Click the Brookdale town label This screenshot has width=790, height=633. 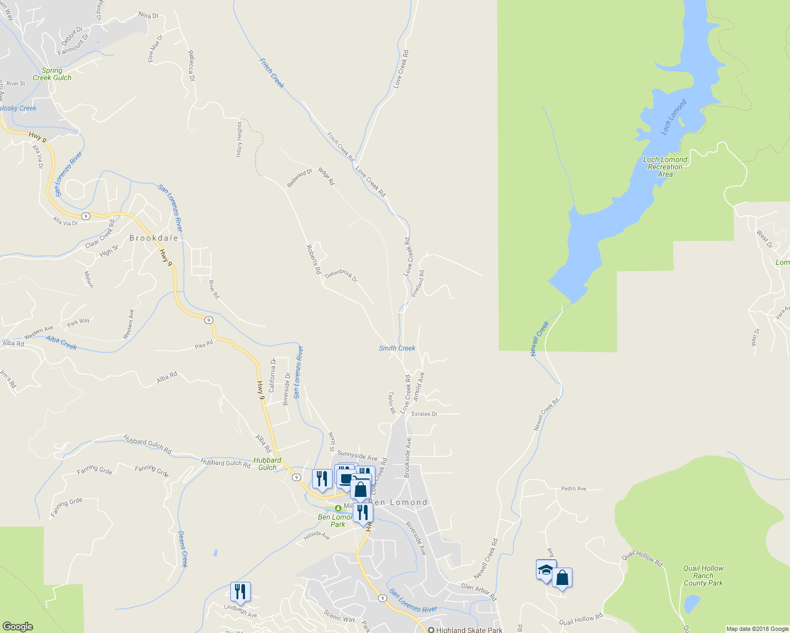(x=154, y=238)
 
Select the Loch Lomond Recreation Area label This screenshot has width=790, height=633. (x=665, y=167)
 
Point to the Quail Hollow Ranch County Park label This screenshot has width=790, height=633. (x=703, y=576)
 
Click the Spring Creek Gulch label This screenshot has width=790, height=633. (x=52, y=74)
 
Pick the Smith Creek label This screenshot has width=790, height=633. (x=397, y=348)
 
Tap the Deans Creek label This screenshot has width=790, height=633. (x=183, y=549)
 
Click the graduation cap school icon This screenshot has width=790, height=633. (x=546, y=570)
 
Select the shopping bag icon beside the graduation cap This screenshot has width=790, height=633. (x=562, y=578)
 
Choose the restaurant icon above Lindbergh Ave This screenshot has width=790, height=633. (x=240, y=592)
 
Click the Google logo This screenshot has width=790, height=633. (x=18, y=627)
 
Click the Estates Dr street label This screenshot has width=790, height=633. (x=425, y=414)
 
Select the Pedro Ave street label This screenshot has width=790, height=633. (x=573, y=488)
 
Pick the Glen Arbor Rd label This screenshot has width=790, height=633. (x=479, y=591)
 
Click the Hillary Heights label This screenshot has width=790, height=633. (x=239, y=140)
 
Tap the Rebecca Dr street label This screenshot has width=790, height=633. (x=191, y=66)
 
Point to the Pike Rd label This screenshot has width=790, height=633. (x=204, y=344)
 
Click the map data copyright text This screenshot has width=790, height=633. (x=757, y=629)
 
